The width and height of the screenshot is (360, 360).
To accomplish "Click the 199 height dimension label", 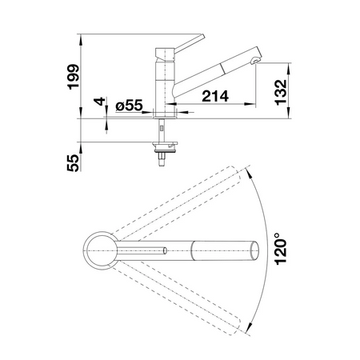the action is click(x=74, y=77).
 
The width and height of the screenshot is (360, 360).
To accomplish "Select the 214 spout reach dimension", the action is click(x=215, y=96).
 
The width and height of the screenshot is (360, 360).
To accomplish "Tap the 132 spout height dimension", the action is click(x=281, y=92).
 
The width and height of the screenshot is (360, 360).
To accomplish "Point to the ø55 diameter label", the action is click(x=129, y=105).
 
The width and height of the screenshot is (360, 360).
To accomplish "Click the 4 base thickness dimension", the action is click(x=99, y=102).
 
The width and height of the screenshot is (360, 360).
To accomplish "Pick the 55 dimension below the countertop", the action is click(x=73, y=163).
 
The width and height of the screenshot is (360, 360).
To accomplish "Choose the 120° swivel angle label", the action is click(x=281, y=249).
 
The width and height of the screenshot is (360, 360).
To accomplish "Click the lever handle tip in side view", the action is click(x=202, y=37).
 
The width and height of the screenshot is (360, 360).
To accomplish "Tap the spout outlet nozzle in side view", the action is click(x=255, y=60).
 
